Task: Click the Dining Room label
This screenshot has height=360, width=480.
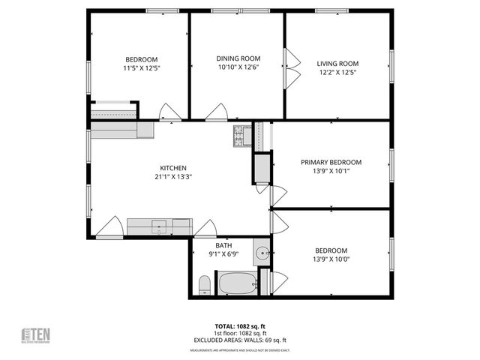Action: point(238,58)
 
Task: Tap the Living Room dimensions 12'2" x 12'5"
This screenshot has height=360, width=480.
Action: point(337,73)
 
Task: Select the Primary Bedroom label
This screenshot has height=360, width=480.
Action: point(331,162)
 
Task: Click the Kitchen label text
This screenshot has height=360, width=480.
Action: point(173,168)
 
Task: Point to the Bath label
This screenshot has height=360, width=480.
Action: point(223,245)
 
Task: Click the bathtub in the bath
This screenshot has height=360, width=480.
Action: point(237,283)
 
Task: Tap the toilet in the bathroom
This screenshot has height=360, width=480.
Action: point(204,284)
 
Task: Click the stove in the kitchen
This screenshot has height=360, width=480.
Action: point(241,136)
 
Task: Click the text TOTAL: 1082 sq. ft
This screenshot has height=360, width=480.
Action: point(240,327)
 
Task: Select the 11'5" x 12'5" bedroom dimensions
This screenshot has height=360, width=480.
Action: point(141,68)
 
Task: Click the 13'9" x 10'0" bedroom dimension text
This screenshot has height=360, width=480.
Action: point(331,259)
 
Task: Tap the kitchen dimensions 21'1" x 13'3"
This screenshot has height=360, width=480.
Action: point(173,177)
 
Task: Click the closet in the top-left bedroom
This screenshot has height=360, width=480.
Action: point(113,109)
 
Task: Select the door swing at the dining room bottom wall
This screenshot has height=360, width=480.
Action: point(217,113)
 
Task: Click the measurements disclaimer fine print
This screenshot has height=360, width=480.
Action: point(240,349)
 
